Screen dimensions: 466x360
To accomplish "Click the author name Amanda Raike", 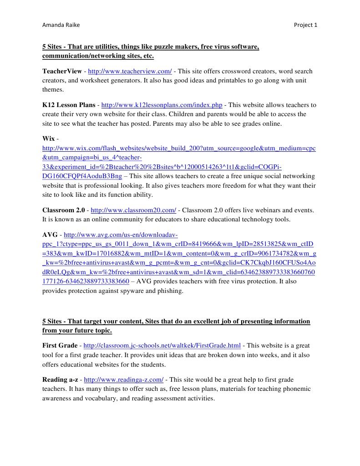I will [61, 25].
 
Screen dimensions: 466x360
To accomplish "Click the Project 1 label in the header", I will [306, 25].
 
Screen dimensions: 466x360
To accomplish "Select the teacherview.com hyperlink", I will [129, 72].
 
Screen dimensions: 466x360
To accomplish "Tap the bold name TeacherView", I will [62, 72].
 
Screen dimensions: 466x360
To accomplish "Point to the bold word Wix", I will [48, 139].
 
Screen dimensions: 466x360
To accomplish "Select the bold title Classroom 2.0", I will [63, 210].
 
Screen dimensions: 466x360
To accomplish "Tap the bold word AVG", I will [50, 235].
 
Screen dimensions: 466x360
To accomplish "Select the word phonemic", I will [297, 389].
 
